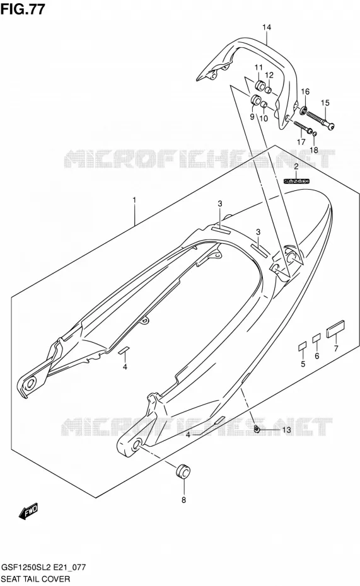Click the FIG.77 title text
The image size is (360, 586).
(x=23, y=8)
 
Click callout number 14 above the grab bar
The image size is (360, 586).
(x=267, y=27)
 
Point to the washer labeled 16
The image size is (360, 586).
(x=303, y=111)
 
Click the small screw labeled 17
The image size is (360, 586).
(x=303, y=127)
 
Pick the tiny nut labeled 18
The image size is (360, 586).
(x=315, y=134)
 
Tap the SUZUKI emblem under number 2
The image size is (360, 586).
(x=296, y=181)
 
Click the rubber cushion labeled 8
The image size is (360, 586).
(x=183, y=471)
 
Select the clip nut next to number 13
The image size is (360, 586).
(x=257, y=429)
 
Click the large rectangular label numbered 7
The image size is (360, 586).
(x=335, y=328)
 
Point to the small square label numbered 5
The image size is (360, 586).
(x=303, y=347)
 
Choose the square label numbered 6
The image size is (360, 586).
(x=316, y=338)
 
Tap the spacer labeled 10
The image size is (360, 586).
(x=264, y=104)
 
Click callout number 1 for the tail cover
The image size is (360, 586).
(x=134, y=200)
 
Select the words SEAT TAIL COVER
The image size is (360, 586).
(x=36, y=579)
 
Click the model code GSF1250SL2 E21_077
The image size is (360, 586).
(x=44, y=568)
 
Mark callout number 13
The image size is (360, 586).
(x=286, y=430)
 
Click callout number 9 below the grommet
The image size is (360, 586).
(x=252, y=117)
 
